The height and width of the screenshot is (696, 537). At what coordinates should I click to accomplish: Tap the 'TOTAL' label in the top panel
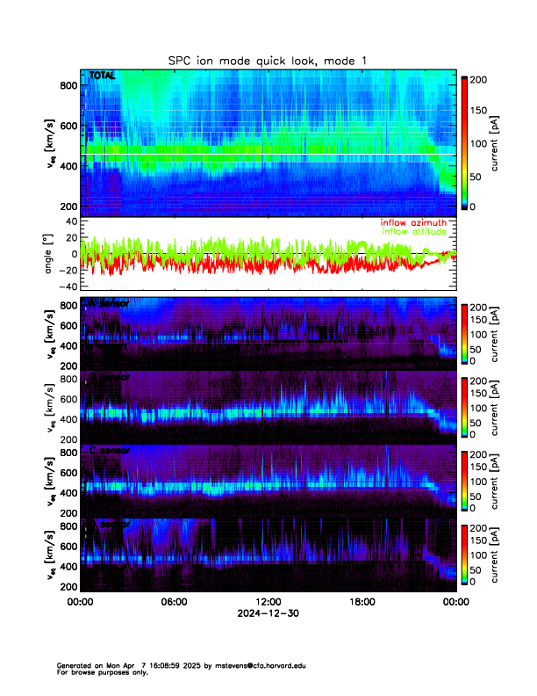pos(102,76)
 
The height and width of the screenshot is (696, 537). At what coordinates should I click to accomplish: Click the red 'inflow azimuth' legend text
pos(413,222)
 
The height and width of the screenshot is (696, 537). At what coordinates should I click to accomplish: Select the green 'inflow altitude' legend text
pos(413,231)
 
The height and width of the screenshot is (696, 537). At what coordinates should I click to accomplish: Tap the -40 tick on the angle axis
pos(67,286)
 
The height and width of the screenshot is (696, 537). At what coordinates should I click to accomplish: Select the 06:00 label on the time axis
pos(175,602)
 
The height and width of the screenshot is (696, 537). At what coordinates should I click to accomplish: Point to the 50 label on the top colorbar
pos(478,176)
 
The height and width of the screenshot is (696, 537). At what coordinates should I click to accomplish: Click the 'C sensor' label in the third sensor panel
pos(109,451)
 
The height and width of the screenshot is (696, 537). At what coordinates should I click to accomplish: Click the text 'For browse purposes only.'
pos(99,672)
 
